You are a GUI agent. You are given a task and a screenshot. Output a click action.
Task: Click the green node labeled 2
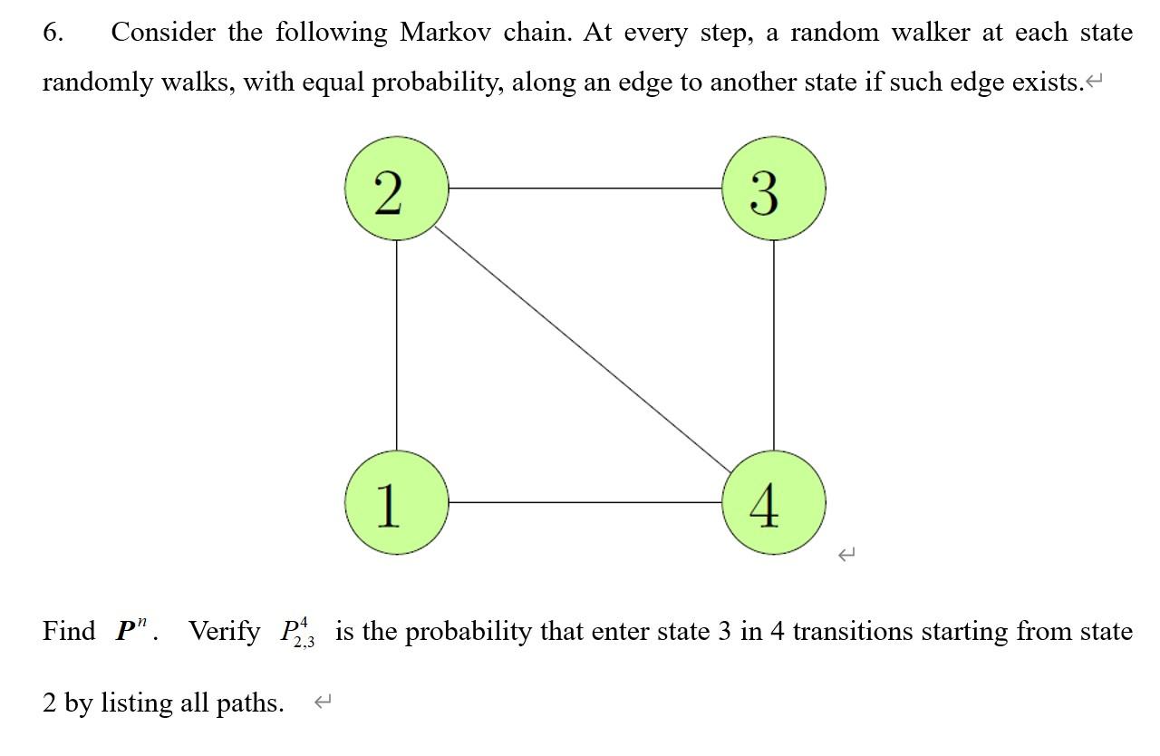[x=396, y=189]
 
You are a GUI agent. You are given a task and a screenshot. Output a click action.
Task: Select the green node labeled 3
[x=773, y=189]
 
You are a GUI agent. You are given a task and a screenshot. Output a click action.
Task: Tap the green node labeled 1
[x=396, y=502]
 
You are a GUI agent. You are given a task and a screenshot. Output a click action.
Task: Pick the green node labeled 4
[x=773, y=502]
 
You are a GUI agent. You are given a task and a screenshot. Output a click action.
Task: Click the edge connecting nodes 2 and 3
[x=585, y=189]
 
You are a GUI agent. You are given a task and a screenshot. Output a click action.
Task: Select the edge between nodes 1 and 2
[x=396, y=344]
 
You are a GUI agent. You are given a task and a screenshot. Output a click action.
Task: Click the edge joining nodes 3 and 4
[x=773, y=344]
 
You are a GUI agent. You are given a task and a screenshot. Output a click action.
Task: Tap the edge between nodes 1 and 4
[x=585, y=502]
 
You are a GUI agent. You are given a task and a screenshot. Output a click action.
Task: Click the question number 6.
[x=53, y=34]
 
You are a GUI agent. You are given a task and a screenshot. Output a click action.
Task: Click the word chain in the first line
[x=534, y=34]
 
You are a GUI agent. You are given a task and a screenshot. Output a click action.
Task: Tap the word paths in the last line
[x=249, y=703]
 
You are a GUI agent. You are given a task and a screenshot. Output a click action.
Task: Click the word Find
[x=68, y=631]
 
